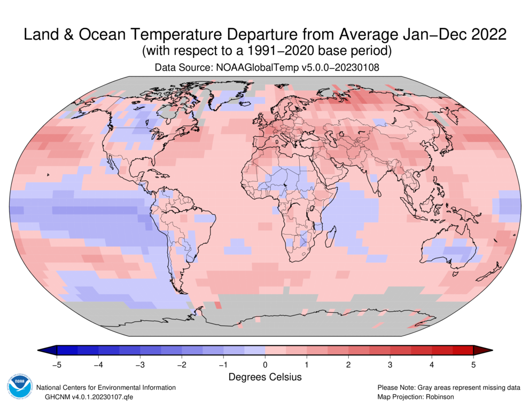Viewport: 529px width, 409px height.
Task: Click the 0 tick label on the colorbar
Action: point(265,365)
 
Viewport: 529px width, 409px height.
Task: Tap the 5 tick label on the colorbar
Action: point(473,365)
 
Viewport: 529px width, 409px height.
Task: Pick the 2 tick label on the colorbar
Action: point(348,365)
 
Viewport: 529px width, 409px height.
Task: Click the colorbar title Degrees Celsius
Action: point(265,377)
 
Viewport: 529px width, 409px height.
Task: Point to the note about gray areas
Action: point(449,388)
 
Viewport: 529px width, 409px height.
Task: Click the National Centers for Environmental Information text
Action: point(105,388)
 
